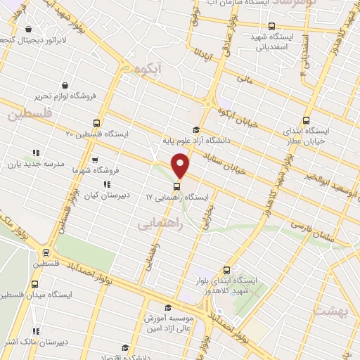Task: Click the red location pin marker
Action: click(181, 166)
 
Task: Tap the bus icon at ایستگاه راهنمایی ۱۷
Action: click(176, 187)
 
